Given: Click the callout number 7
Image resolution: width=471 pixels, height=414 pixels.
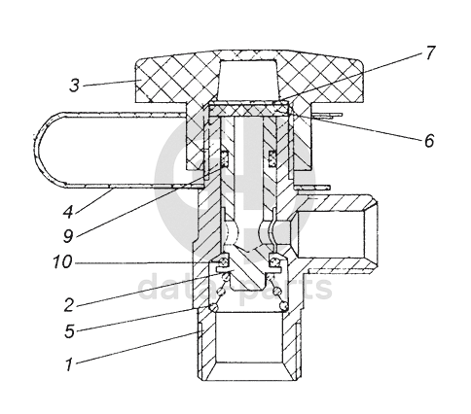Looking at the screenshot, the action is pyautogui.click(x=429, y=52).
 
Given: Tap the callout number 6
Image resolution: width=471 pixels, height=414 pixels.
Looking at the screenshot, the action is pyautogui.click(x=429, y=141).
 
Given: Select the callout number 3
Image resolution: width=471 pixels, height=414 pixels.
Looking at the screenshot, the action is pyautogui.click(x=75, y=86).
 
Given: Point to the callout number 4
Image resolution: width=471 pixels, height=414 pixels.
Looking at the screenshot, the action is pyautogui.click(x=68, y=211).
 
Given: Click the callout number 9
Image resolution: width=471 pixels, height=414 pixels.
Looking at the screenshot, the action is pyautogui.click(x=68, y=236).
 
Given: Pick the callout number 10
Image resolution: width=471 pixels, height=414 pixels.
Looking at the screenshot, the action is pyautogui.click(x=62, y=261).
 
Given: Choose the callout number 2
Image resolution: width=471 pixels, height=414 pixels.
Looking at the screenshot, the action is pyautogui.click(x=69, y=305).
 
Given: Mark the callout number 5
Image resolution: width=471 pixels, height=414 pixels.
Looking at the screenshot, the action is pyautogui.click(x=69, y=331).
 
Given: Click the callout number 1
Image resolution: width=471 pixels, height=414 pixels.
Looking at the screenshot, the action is pyautogui.click(x=68, y=364).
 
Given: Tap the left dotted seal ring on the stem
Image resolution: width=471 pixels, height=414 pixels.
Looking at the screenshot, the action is pyautogui.click(x=225, y=159).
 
